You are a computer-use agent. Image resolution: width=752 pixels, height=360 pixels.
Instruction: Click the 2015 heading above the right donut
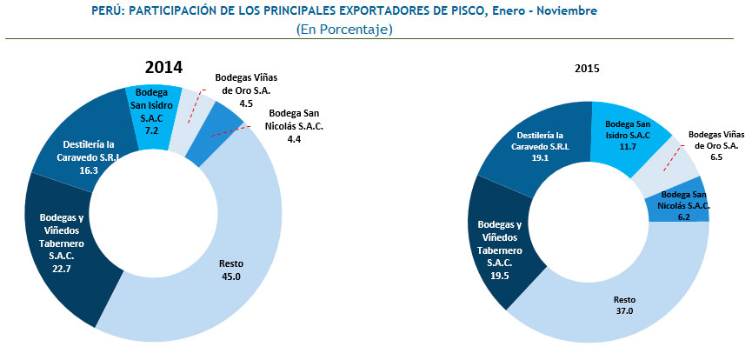[588, 68]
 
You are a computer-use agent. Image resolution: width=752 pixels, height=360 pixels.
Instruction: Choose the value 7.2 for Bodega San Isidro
[152, 130]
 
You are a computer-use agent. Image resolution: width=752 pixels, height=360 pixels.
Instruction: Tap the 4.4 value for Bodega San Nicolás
[296, 139]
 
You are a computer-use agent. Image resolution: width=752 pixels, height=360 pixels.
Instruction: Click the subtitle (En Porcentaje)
[345, 30]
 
